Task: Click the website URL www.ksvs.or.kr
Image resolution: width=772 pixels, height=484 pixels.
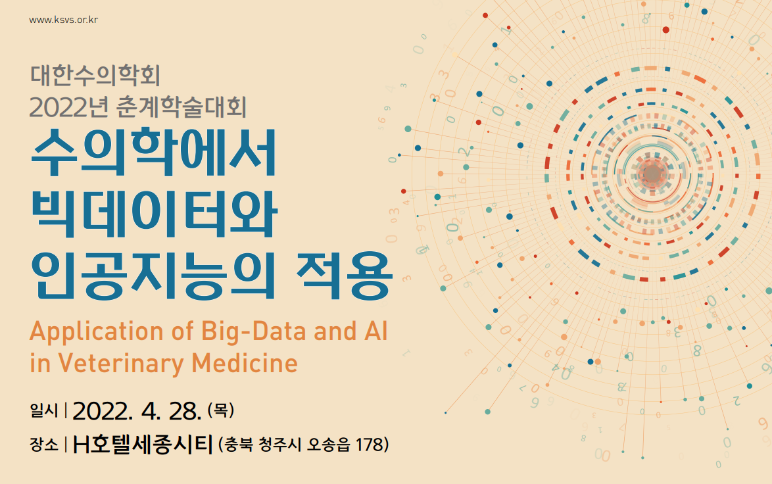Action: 64,20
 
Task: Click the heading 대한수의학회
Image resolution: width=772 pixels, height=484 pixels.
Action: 95,76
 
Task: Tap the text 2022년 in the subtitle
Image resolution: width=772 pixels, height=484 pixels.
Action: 68,107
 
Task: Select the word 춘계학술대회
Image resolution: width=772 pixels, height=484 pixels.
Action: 181,107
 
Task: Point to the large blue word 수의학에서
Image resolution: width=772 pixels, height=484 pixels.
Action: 154,152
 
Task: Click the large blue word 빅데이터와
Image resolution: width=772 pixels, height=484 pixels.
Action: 154,214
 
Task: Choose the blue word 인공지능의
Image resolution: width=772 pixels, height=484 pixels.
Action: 153,276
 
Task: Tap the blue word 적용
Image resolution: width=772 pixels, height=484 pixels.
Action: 344,276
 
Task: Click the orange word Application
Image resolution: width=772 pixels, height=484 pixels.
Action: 97,332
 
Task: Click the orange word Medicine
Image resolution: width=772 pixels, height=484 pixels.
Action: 245,364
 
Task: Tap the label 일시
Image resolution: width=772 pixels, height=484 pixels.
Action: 44,410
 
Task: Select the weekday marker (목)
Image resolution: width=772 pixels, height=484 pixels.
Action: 220,410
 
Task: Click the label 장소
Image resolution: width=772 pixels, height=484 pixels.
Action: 44,445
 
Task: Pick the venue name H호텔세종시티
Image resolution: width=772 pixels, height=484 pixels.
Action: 143,445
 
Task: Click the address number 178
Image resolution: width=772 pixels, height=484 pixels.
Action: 369,445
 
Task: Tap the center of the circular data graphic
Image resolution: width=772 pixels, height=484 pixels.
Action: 652,174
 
